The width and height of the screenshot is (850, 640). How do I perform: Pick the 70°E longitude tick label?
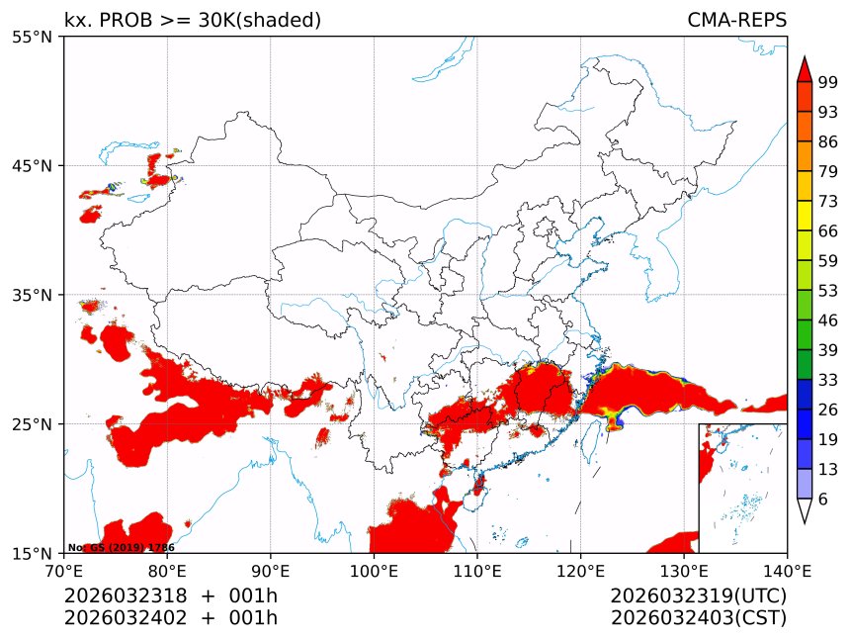[64, 570]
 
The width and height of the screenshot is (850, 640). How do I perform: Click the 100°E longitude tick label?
[374, 570]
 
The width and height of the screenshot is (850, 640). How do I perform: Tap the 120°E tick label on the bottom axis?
[580, 570]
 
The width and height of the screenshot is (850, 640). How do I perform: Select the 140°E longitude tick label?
[787, 570]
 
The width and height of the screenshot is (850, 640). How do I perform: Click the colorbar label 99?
[828, 82]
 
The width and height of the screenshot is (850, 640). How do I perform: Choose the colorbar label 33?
[828, 380]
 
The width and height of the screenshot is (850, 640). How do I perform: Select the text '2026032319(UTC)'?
[698, 596]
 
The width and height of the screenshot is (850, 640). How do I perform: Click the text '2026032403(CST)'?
[698, 618]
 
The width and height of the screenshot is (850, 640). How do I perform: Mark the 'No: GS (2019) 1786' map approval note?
[121, 547]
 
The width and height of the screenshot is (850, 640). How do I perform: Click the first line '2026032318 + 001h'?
[171, 596]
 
